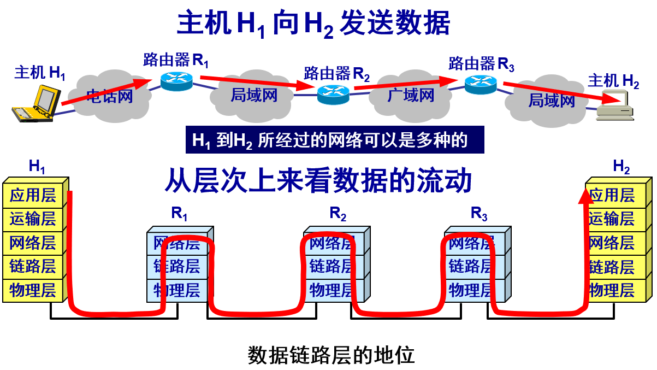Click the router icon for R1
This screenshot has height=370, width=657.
177,81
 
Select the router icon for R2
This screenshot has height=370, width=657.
333,94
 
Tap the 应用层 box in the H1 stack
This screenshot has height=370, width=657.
33,195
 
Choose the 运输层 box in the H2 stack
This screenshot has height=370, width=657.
613,219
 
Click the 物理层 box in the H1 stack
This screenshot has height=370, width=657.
33,290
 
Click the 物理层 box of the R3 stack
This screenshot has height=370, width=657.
471,290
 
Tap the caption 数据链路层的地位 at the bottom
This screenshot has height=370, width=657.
331,355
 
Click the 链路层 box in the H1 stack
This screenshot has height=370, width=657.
33,267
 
